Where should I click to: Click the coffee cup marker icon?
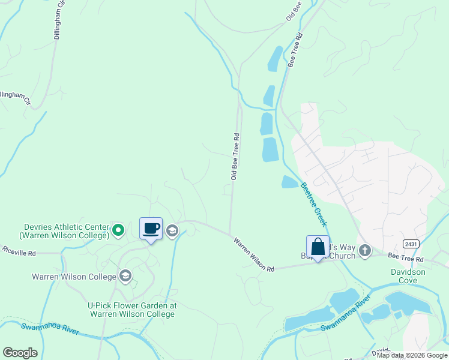click(x=151, y=229)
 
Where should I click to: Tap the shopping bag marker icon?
click(x=318, y=247)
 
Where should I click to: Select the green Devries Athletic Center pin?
click(x=119, y=229)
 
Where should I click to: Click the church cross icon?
click(x=365, y=250)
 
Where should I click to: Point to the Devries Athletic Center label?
click(x=66, y=231)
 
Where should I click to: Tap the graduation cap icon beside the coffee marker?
click(x=172, y=230)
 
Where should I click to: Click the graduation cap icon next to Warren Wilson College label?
click(x=125, y=276)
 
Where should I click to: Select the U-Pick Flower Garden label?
click(x=133, y=309)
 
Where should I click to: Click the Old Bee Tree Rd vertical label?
click(x=235, y=156)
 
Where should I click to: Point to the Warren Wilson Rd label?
click(x=253, y=254)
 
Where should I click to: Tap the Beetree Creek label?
click(x=313, y=205)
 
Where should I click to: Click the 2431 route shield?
click(x=411, y=243)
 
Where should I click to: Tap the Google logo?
click(x=20, y=353)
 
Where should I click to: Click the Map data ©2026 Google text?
click(x=411, y=355)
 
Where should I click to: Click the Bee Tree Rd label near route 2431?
click(x=406, y=258)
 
